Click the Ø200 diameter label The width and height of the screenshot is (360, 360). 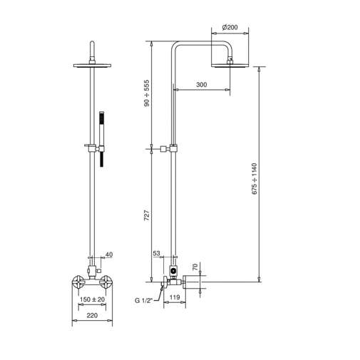click(230, 27)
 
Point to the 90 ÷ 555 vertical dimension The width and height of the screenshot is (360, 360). click(147, 93)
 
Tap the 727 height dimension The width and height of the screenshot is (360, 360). click(147, 218)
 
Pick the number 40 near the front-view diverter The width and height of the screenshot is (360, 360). click(109, 254)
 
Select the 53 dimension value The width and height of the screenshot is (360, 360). click(157, 254)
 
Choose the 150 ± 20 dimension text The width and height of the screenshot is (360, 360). click(92, 300)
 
